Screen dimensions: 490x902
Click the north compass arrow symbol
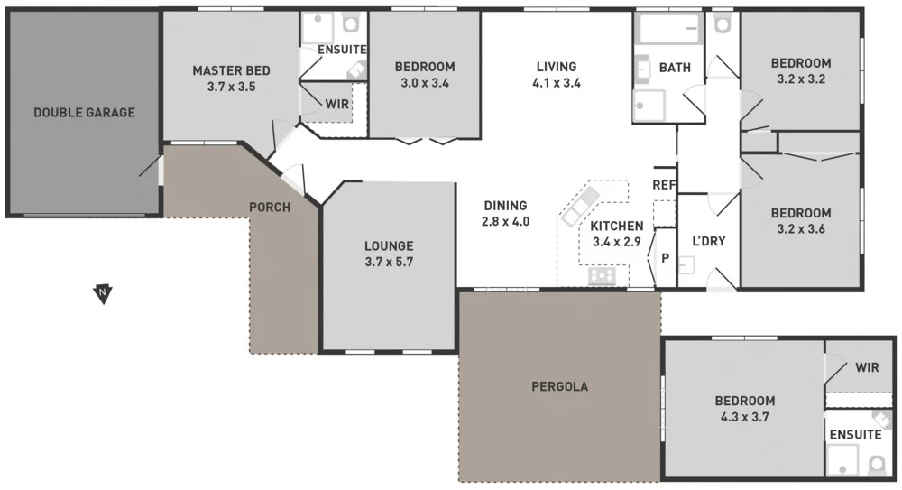[104, 293]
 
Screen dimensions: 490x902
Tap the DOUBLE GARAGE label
[84, 113]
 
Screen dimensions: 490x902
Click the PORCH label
[270, 208]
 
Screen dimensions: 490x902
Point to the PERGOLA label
[560, 386]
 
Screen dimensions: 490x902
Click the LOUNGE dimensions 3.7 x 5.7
[389, 262]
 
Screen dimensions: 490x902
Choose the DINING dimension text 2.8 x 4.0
[504, 221]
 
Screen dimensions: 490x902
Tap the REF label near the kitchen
[664, 185]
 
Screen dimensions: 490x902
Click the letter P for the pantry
[665, 257]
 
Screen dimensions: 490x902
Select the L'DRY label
[708, 241]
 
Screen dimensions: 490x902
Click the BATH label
[675, 68]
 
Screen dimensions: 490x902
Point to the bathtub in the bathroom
[669, 32]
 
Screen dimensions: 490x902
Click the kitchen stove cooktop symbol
[602, 275]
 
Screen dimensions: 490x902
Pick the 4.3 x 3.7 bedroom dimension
[745, 417]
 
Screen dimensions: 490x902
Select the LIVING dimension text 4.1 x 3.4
[556, 83]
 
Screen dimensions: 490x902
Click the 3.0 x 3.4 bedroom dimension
[424, 83]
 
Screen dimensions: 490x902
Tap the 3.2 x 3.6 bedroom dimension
[800, 229]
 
